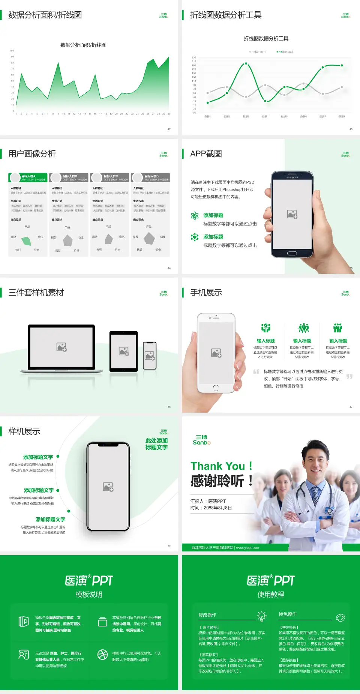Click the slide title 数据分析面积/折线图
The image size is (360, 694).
coord(45,15)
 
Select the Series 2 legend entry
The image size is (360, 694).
coord(285,52)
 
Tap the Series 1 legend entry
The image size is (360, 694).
coord(258,52)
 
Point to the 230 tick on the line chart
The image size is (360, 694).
coord(194,57)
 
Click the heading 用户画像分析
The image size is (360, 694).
coord(32,154)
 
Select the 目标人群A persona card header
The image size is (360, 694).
coord(28,177)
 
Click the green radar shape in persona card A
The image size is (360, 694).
coord(26,240)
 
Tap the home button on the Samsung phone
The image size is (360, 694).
coord(292,253)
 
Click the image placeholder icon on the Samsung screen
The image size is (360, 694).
coord(292,214)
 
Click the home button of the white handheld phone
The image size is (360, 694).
coord(216,388)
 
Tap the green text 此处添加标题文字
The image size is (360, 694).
coord(156,444)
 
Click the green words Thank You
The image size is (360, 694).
coord(217,466)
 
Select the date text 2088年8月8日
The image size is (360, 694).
coord(217,508)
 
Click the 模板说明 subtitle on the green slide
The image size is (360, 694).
coord(89,595)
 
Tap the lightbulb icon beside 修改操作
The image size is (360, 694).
coord(261,616)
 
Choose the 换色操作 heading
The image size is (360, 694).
coord(288,614)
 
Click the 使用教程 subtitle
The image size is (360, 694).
coord(271,595)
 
